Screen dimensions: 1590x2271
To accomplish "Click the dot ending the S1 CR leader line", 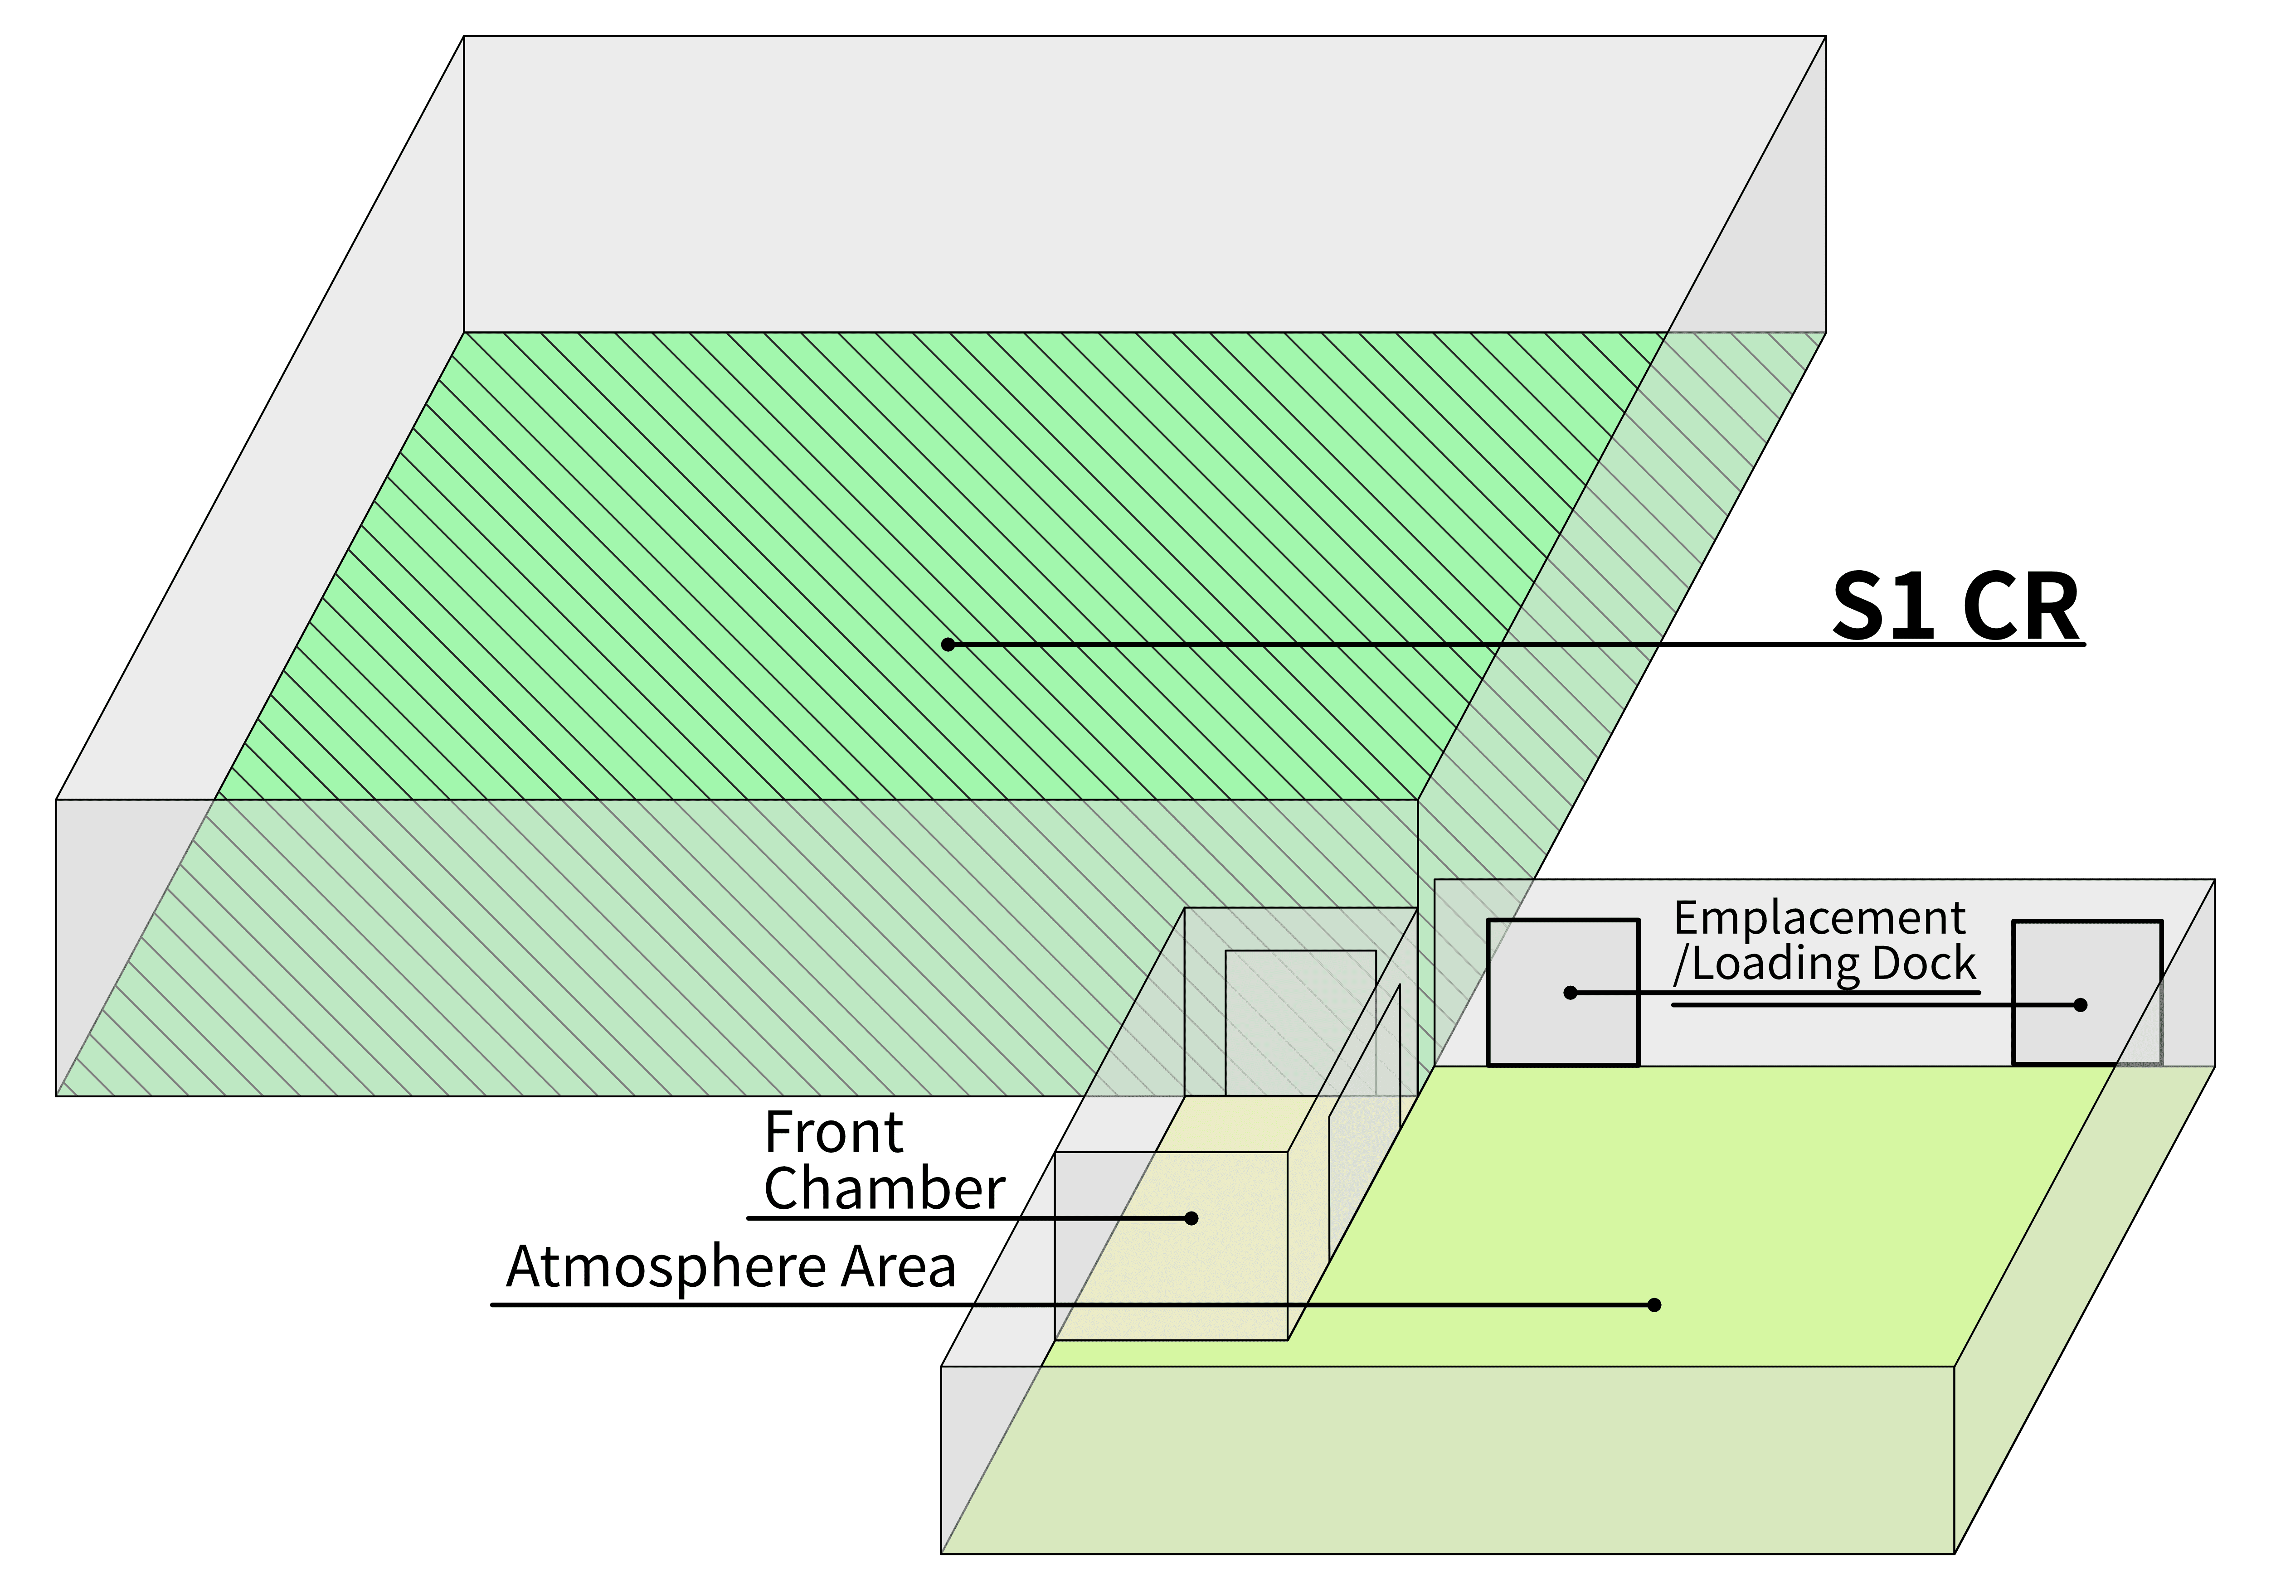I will click(948, 645).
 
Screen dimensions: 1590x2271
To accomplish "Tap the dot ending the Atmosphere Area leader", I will click(1654, 1305).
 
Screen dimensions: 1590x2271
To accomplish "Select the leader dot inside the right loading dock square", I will click(2080, 1004).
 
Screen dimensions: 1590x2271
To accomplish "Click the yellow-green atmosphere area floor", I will click(1731, 1207).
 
